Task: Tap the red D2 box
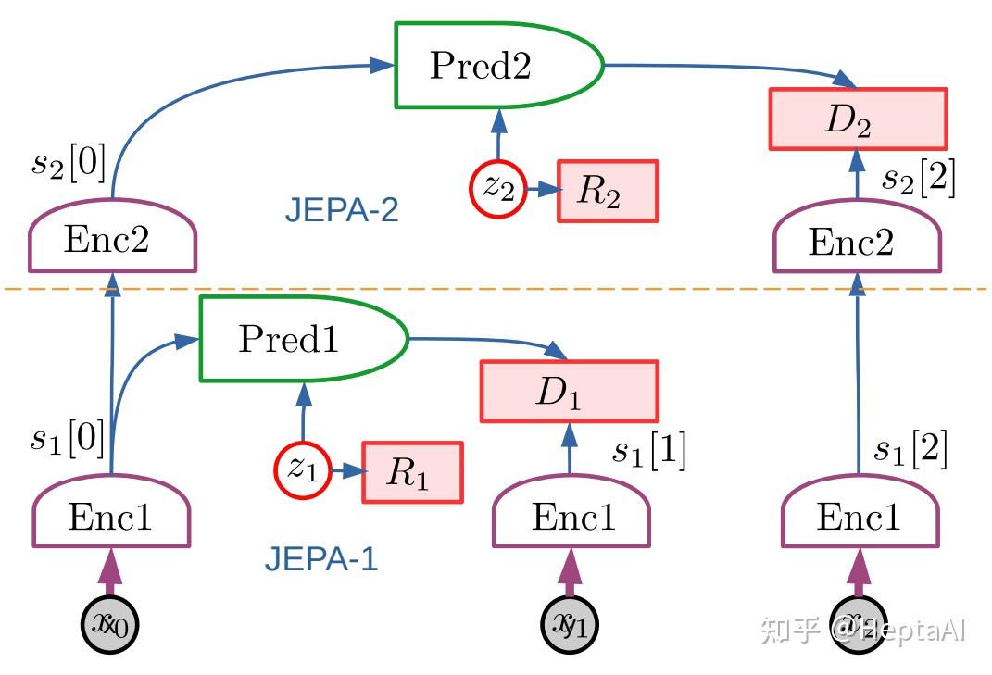(x=858, y=119)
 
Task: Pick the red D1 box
(x=569, y=392)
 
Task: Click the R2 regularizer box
(x=607, y=192)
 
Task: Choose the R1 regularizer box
(x=411, y=472)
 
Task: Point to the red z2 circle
(x=498, y=190)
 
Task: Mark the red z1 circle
(x=302, y=469)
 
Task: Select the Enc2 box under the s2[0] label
(x=112, y=240)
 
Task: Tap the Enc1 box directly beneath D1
(x=571, y=517)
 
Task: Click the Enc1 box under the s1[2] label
(x=860, y=516)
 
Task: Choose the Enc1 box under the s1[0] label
(x=112, y=517)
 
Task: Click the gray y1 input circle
(x=570, y=626)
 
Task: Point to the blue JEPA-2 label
(x=342, y=211)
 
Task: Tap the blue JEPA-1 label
(x=321, y=559)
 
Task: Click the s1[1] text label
(x=648, y=452)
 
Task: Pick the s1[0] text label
(x=68, y=438)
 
